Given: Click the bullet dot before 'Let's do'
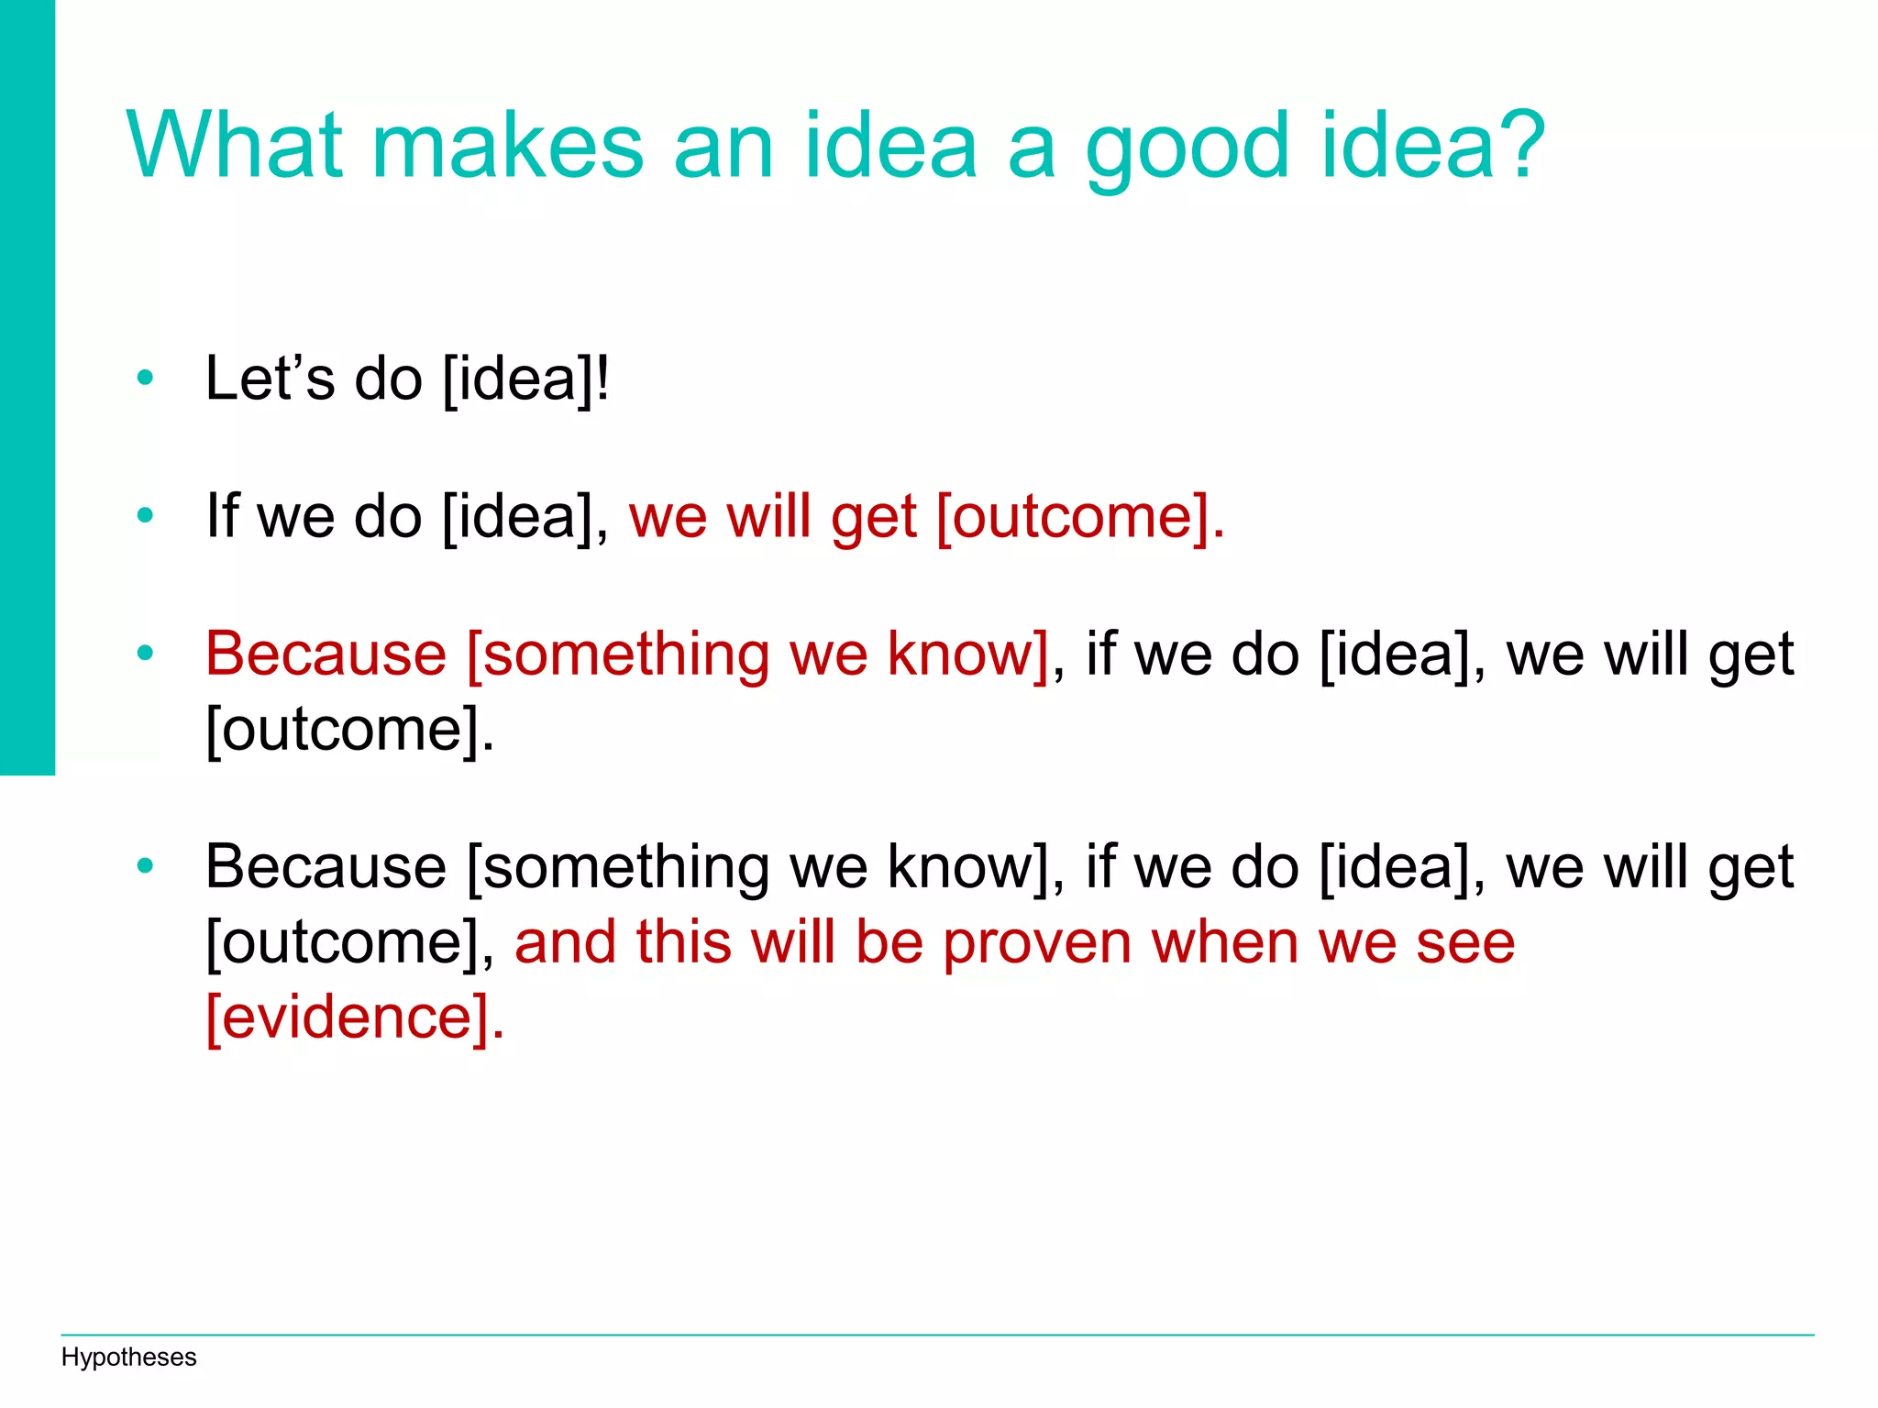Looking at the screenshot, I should [145, 378].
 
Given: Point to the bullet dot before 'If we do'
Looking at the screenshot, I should [145, 515].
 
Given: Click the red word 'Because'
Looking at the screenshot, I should [326, 654].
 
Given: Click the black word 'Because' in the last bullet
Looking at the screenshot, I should [326, 866].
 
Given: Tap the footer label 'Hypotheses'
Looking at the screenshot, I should [128, 1357].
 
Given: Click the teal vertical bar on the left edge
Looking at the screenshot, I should [27, 385].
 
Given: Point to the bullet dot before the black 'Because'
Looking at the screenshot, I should [145, 866].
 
